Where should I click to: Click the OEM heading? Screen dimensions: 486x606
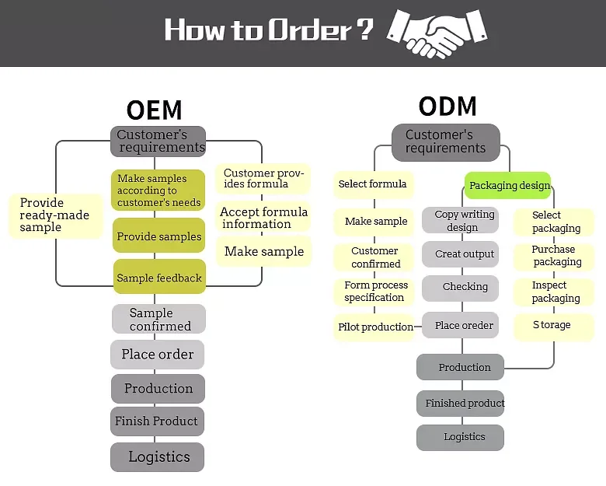coord(154,110)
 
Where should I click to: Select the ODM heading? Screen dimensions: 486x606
coord(447,107)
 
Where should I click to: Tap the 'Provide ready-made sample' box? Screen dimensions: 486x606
coord(54,215)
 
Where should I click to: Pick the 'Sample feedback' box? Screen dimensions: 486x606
coord(159,278)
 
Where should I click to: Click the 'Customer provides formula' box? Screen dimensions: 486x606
coord(263,179)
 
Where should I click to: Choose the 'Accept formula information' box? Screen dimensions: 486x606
coord(263,218)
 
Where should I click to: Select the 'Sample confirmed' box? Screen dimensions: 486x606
coord(158,319)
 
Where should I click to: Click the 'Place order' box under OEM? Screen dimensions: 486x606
coord(158,355)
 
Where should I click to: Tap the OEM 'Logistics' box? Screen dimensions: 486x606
coord(157,457)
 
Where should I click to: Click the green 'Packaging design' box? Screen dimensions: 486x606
coord(508,186)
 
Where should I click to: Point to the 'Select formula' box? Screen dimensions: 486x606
coord(373,184)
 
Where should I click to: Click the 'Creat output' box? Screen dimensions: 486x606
coord(465,254)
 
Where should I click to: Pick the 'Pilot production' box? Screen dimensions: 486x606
coord(375,327)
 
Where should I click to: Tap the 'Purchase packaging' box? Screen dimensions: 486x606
coord(553,256)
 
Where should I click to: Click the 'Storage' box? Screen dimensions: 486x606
coord(552,325)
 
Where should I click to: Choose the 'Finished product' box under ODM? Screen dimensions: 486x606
coord(464,404)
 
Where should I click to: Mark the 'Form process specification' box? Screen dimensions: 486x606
coord(375,292)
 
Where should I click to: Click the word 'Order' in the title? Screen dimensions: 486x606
coord(309,31)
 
